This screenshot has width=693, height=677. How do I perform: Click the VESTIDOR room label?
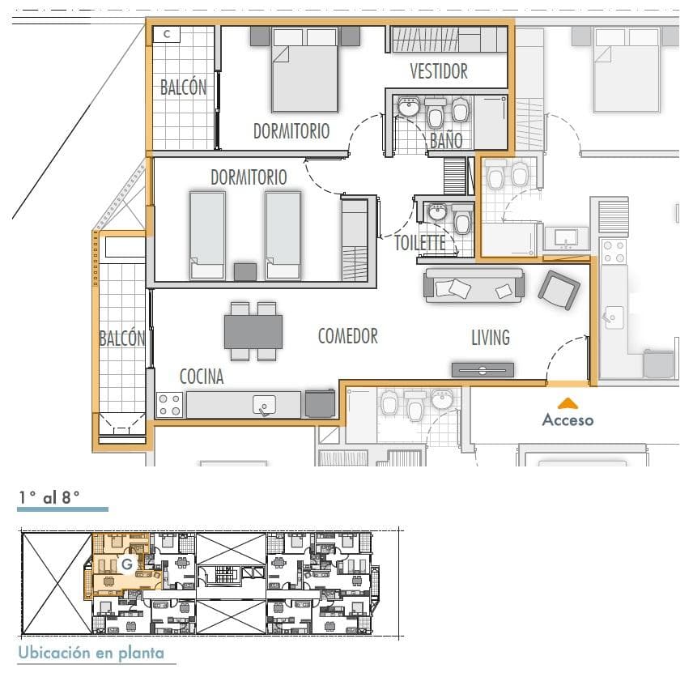point(439,71)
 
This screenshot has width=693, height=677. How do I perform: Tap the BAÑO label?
point(446,141)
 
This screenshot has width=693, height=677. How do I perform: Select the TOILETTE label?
point(420,243)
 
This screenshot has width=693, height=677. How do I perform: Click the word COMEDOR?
point(348,336)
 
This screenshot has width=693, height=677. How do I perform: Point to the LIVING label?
point(491,338)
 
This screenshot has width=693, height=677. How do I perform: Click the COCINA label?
point(202,377)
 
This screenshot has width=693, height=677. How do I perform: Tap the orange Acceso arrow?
point(568,403)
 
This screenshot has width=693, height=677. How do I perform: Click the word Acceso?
point(568,420)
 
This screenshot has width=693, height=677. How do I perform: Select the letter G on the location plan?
point(127,564)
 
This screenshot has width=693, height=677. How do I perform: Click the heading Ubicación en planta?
point(91,653)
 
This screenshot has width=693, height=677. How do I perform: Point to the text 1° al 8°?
point(49,497)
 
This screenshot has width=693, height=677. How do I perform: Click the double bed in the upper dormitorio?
point(305,70)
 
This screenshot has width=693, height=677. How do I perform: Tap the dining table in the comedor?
point(253,332)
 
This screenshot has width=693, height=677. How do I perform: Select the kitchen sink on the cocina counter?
point(264,406)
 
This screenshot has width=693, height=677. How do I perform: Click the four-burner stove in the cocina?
point(170,405)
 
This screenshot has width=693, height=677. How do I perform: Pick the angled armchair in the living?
point(559,290)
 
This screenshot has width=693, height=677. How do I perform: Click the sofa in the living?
point(474,286)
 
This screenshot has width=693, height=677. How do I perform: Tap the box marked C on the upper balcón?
point(167,34)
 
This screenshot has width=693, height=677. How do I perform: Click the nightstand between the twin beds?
point(245,272)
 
